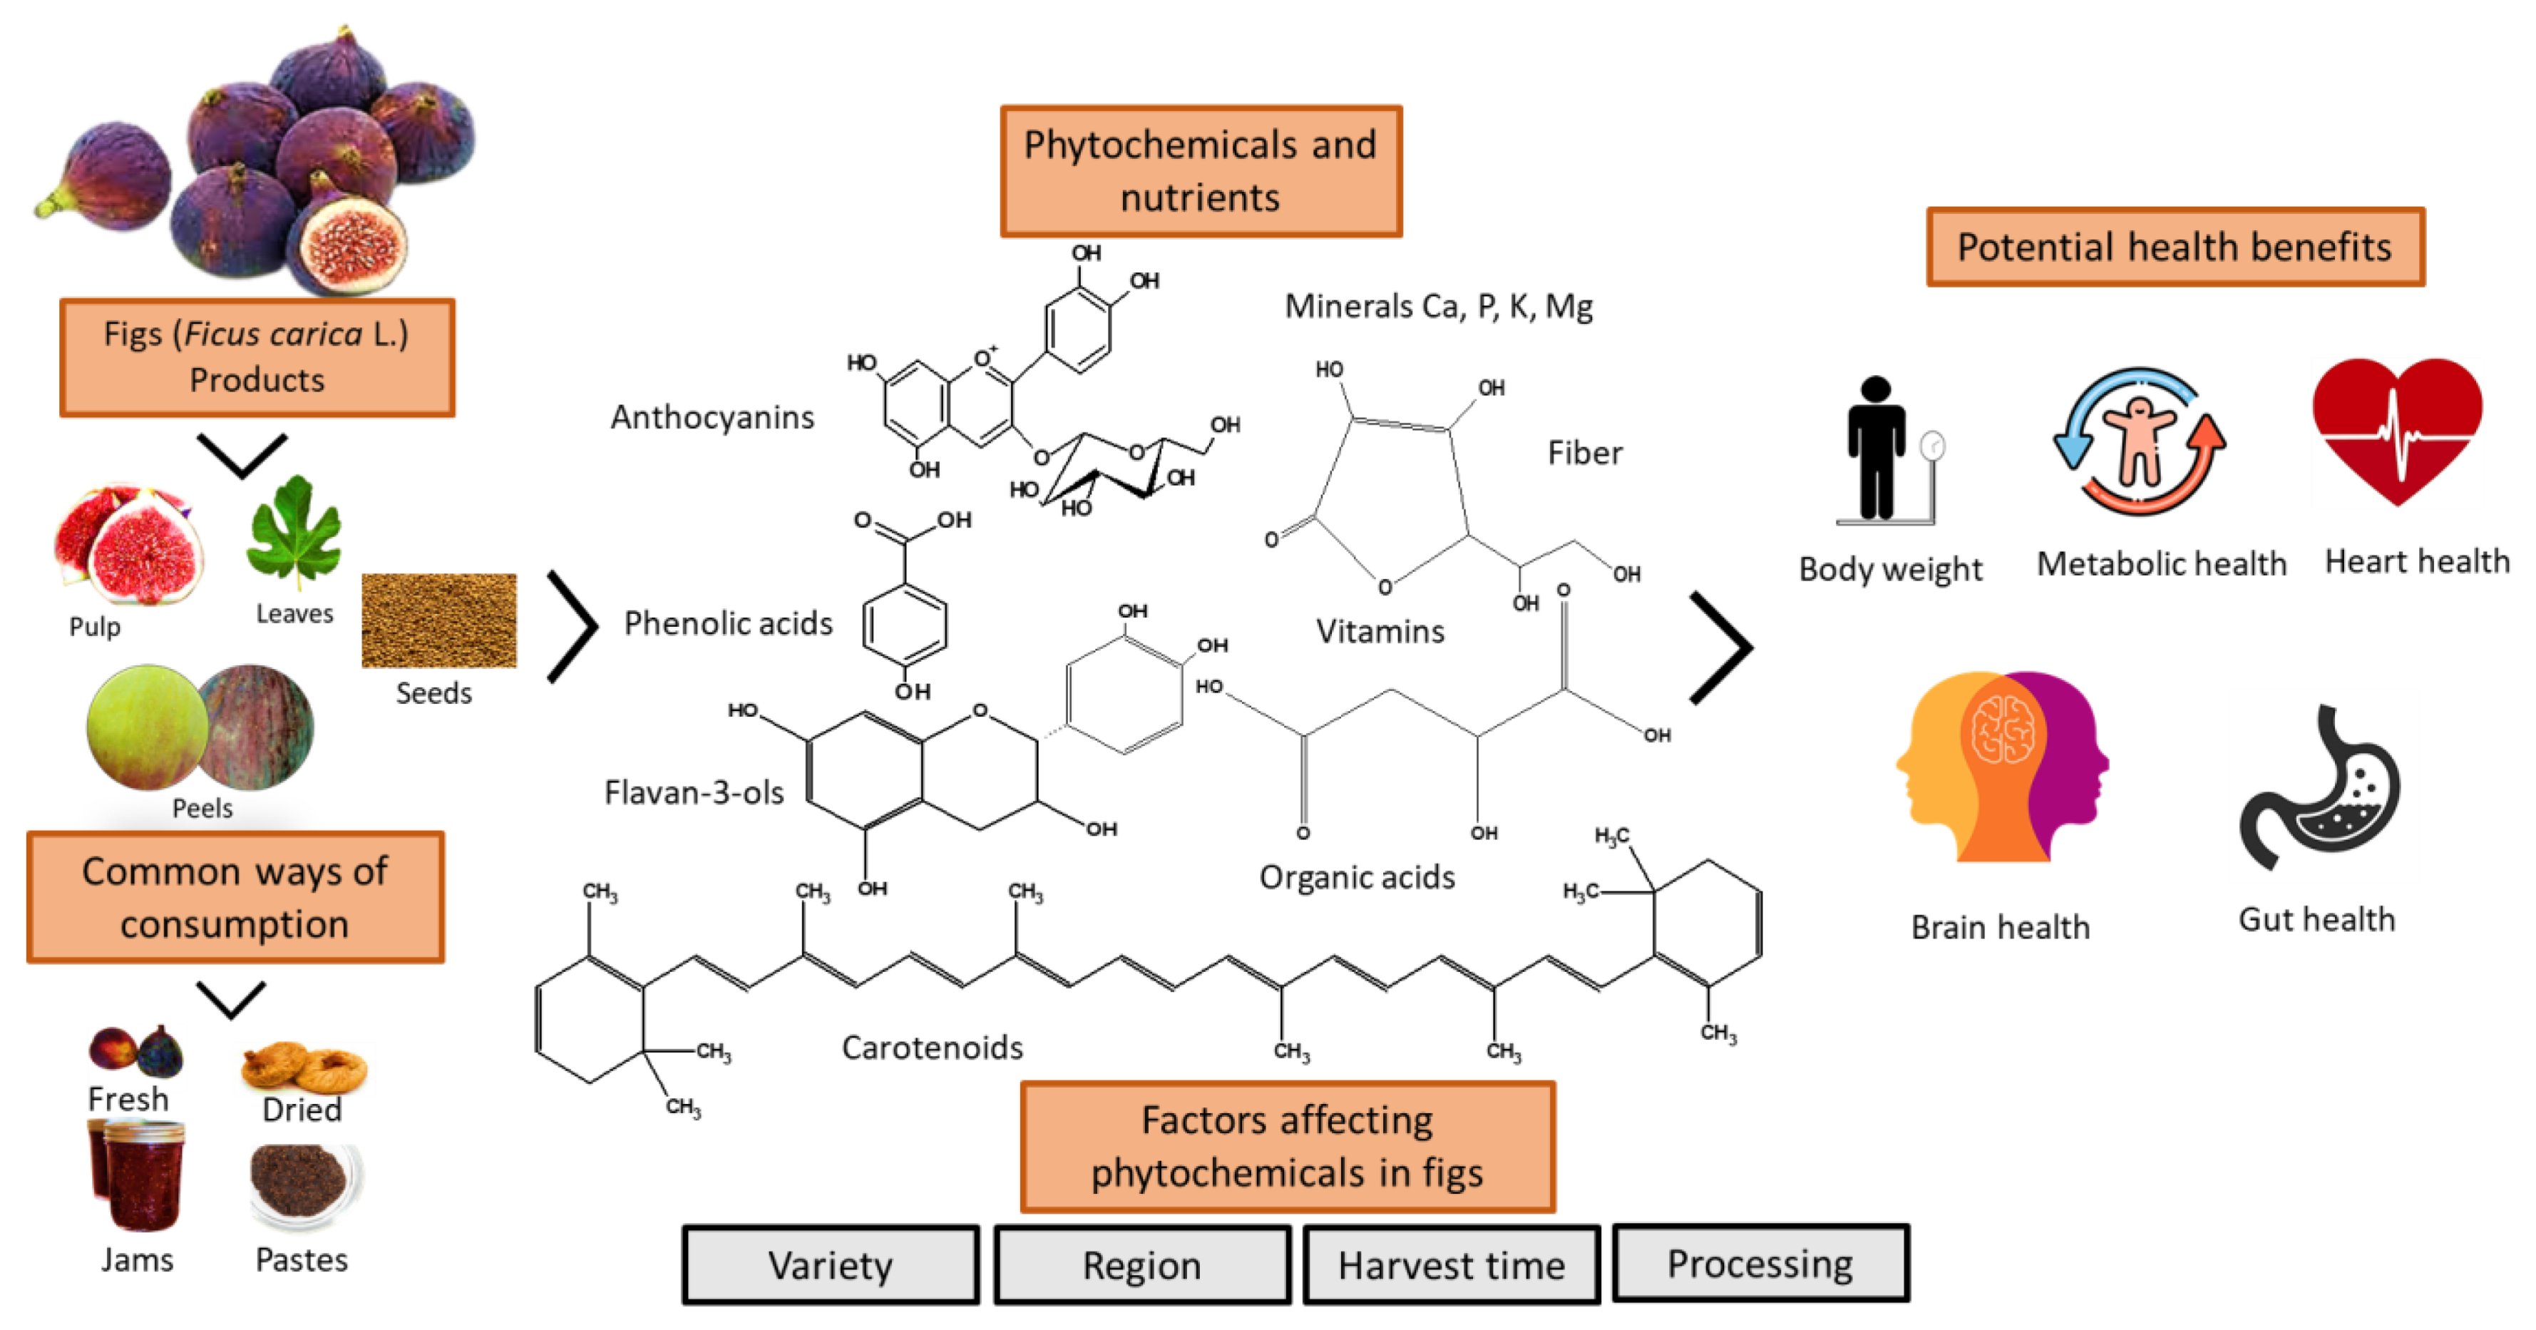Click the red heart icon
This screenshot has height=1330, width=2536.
2396,428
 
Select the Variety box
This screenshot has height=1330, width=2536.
830,1265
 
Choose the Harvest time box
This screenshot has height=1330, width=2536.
1451,1265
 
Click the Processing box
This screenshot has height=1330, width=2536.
1760,1263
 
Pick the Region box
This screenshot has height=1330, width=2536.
1142,1265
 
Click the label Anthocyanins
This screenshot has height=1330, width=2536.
712,417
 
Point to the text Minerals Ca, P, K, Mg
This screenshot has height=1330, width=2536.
1438,306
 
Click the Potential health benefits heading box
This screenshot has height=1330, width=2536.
2175,247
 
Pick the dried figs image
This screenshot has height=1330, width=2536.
303,1067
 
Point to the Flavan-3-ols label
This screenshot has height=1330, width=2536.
693,792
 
